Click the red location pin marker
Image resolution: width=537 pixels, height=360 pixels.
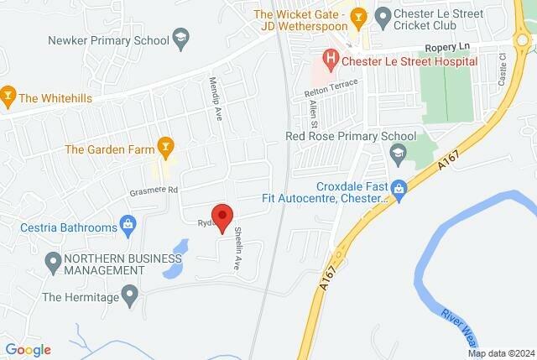click(222, 217)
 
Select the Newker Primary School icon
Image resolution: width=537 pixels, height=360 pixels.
click(180, 39)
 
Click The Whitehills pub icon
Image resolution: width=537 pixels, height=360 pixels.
click(8, 97)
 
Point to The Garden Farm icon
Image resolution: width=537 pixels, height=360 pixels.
click(166, 149)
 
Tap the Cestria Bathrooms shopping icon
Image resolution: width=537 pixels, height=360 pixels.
click(128, 224)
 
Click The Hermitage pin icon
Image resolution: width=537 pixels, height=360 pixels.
click(129, 295)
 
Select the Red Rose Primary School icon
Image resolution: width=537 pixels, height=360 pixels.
click(398, 152)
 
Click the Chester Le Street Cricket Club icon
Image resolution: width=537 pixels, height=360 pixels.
click(383, 15)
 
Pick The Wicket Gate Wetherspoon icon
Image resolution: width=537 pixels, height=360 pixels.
click(359, 15)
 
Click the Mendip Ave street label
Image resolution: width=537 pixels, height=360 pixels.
click(214, 100)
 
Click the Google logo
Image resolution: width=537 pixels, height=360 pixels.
click(29, 349)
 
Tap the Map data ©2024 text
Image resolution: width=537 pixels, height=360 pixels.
click(500, 353)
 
